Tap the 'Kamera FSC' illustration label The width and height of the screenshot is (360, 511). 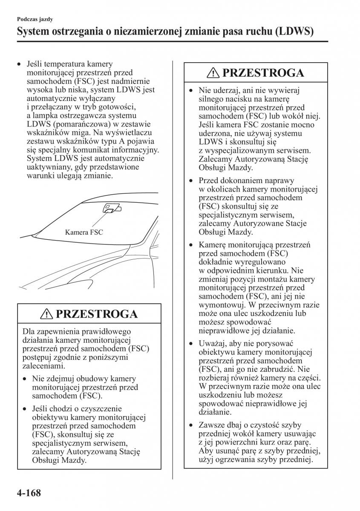tap(84, 233)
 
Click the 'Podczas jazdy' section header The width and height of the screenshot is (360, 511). tap(35, 19)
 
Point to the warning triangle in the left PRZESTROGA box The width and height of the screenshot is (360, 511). tap(47, 314)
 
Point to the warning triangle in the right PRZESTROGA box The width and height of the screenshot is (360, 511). tap(213, 73)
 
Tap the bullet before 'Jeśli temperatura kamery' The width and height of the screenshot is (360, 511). tap(19, 64)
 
